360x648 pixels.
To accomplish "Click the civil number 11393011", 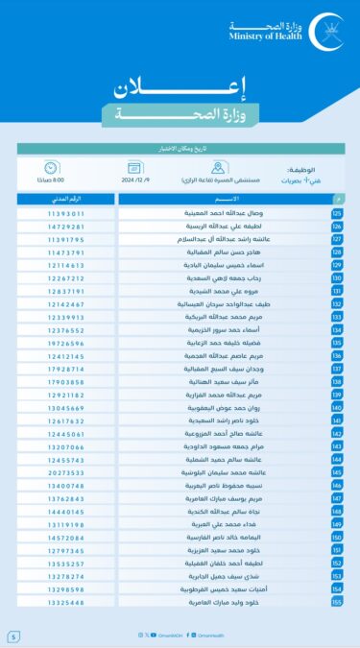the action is click(x=66, y=213).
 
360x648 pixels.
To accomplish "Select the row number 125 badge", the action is click(x=337, y=213).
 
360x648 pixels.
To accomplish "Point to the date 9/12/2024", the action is click(x=158, y=180).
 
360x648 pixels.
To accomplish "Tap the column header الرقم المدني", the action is click(x=66, y=199).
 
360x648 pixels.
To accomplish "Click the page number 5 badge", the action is click(x=13, y=636).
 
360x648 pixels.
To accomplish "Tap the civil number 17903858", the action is click(x=66, y=382).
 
